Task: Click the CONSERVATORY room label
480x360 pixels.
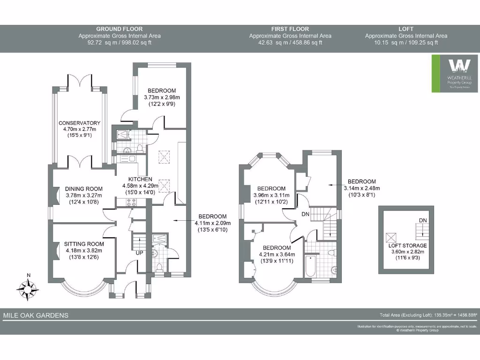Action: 79,123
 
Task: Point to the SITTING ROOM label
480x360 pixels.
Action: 84,244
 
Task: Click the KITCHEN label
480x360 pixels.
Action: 141,179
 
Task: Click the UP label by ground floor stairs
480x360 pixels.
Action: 140,253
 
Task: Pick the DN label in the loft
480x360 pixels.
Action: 423,220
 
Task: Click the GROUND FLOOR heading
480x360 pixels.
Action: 119,29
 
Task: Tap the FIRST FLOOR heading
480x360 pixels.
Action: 290,29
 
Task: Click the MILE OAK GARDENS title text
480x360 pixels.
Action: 36,315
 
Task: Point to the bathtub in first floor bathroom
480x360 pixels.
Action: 310,266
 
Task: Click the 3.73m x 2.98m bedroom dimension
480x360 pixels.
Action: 162,97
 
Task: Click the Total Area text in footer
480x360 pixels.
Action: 428,315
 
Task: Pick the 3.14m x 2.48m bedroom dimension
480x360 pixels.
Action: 361,188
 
